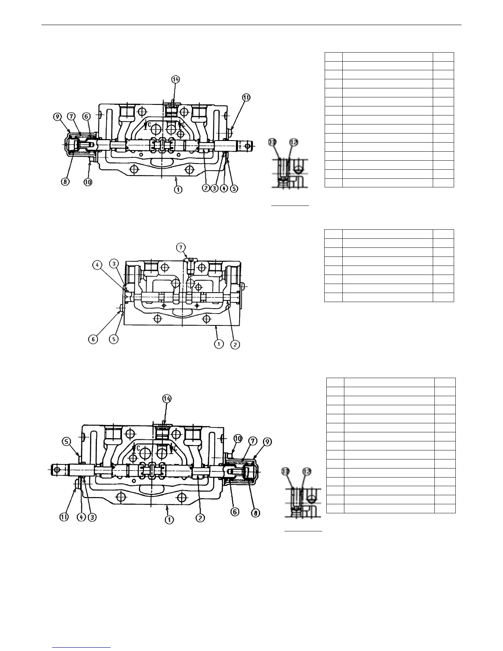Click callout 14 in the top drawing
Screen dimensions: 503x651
[x=175, y=80]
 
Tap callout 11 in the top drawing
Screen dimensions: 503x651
[x=246, y=97]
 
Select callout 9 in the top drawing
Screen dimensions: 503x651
[x=57, y=117]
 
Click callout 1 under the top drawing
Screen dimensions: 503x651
[x=178, y=189]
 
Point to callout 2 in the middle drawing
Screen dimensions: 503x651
[x=235, y=344]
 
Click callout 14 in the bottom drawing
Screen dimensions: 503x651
[x=167, y=398]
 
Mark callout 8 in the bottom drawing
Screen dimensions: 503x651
[x=255, y=514]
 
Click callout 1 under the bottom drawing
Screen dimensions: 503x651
[x=168, y=519]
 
